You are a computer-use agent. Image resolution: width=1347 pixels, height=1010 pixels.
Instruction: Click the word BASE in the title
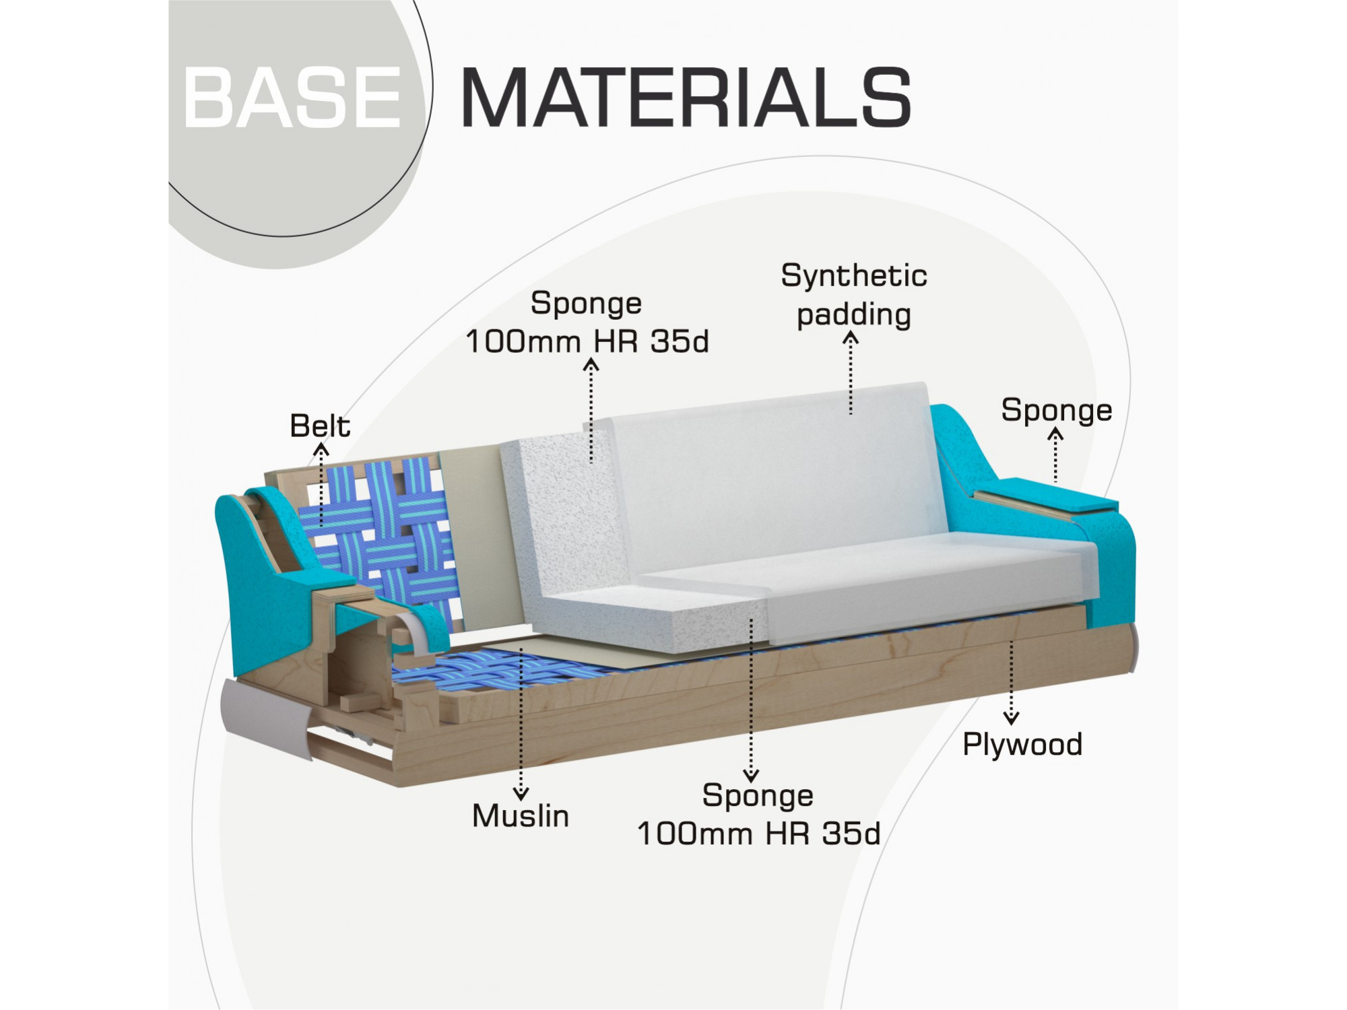(x=292, y=98)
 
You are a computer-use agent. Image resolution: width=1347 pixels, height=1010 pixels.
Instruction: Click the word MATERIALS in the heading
(x=686, y=98)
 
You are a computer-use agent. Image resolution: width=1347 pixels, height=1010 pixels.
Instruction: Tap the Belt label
(x=320, y=426)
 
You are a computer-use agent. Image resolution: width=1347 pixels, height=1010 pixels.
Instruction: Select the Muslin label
(x=521, y=816)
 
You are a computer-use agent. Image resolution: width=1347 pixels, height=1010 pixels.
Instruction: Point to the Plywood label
(x=1022, y=745)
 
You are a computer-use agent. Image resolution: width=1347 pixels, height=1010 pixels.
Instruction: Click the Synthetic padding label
(x=854, y=296)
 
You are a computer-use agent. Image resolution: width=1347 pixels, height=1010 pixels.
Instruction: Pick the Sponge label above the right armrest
(x=1056, y=411)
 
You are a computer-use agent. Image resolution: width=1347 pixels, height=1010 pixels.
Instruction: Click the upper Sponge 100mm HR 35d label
(x=587, y=323)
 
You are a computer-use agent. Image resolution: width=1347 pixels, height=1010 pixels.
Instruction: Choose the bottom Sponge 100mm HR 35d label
(x=758, y=815)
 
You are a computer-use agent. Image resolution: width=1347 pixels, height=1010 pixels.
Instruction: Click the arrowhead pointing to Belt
(x=321, y=448)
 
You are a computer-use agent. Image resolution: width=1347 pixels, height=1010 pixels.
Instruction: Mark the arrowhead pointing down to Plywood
(x=1011, y=718)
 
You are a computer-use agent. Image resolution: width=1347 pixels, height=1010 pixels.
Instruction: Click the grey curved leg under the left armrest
(x=266, y=717)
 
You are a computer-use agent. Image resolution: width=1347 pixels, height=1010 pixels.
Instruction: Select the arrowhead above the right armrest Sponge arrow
(x=1055, y=435)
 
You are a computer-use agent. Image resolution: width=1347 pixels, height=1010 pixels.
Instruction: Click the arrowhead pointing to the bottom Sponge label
(x=751, y=775)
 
